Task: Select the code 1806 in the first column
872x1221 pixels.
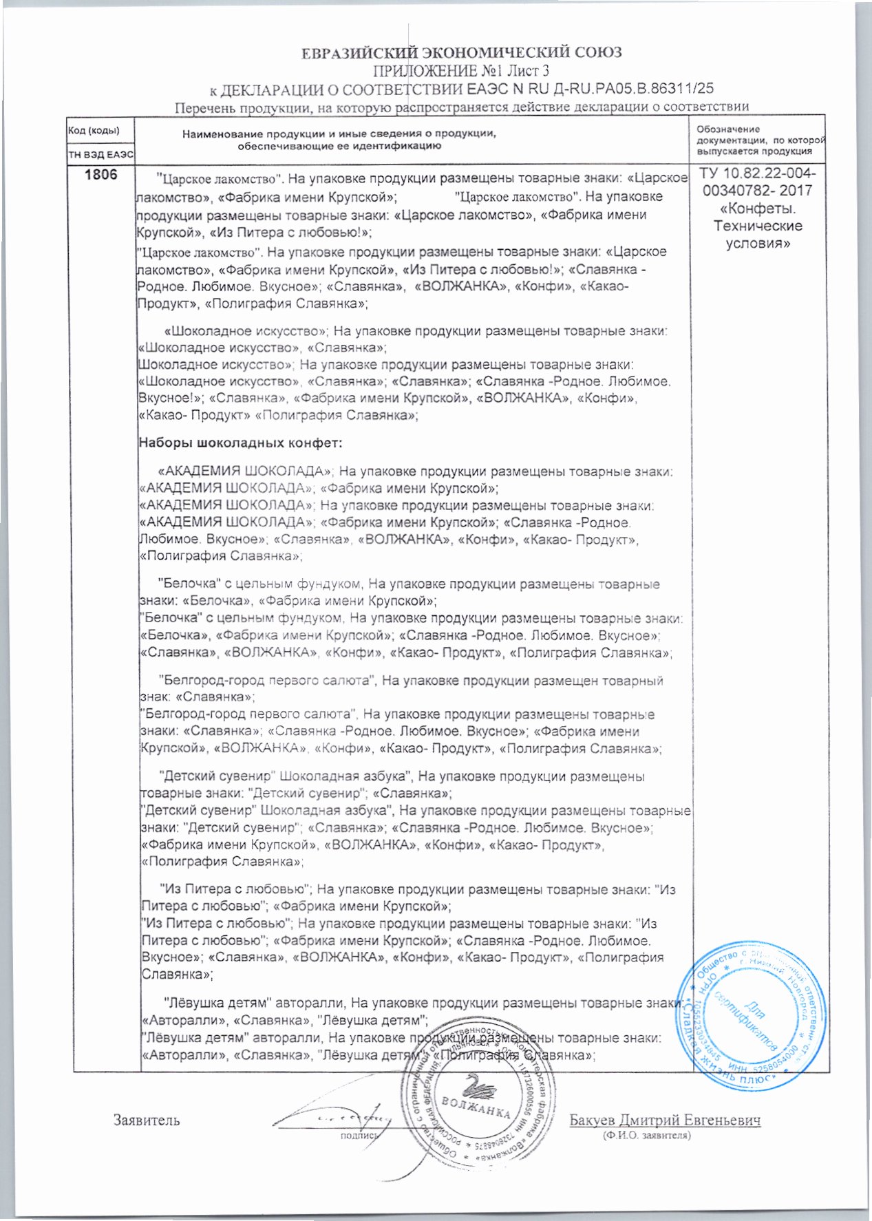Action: [x=100, y=175]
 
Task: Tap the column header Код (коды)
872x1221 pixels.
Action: [x=93, y=131]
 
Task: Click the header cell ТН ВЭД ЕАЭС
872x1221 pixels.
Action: [x=100, y=156]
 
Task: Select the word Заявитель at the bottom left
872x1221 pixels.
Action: [x=146, y=1120]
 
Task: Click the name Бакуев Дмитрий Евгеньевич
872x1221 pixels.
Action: [x=665, y=1120]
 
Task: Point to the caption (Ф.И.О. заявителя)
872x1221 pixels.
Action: [x=646, y=1136]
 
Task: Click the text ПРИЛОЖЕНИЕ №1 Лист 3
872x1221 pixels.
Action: [x=461, y=71]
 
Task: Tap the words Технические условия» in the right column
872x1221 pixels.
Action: [x=757, y=234]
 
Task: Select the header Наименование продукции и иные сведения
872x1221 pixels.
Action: [x=339, y=140]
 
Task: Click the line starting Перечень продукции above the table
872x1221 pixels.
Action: [x=461, y=107]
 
